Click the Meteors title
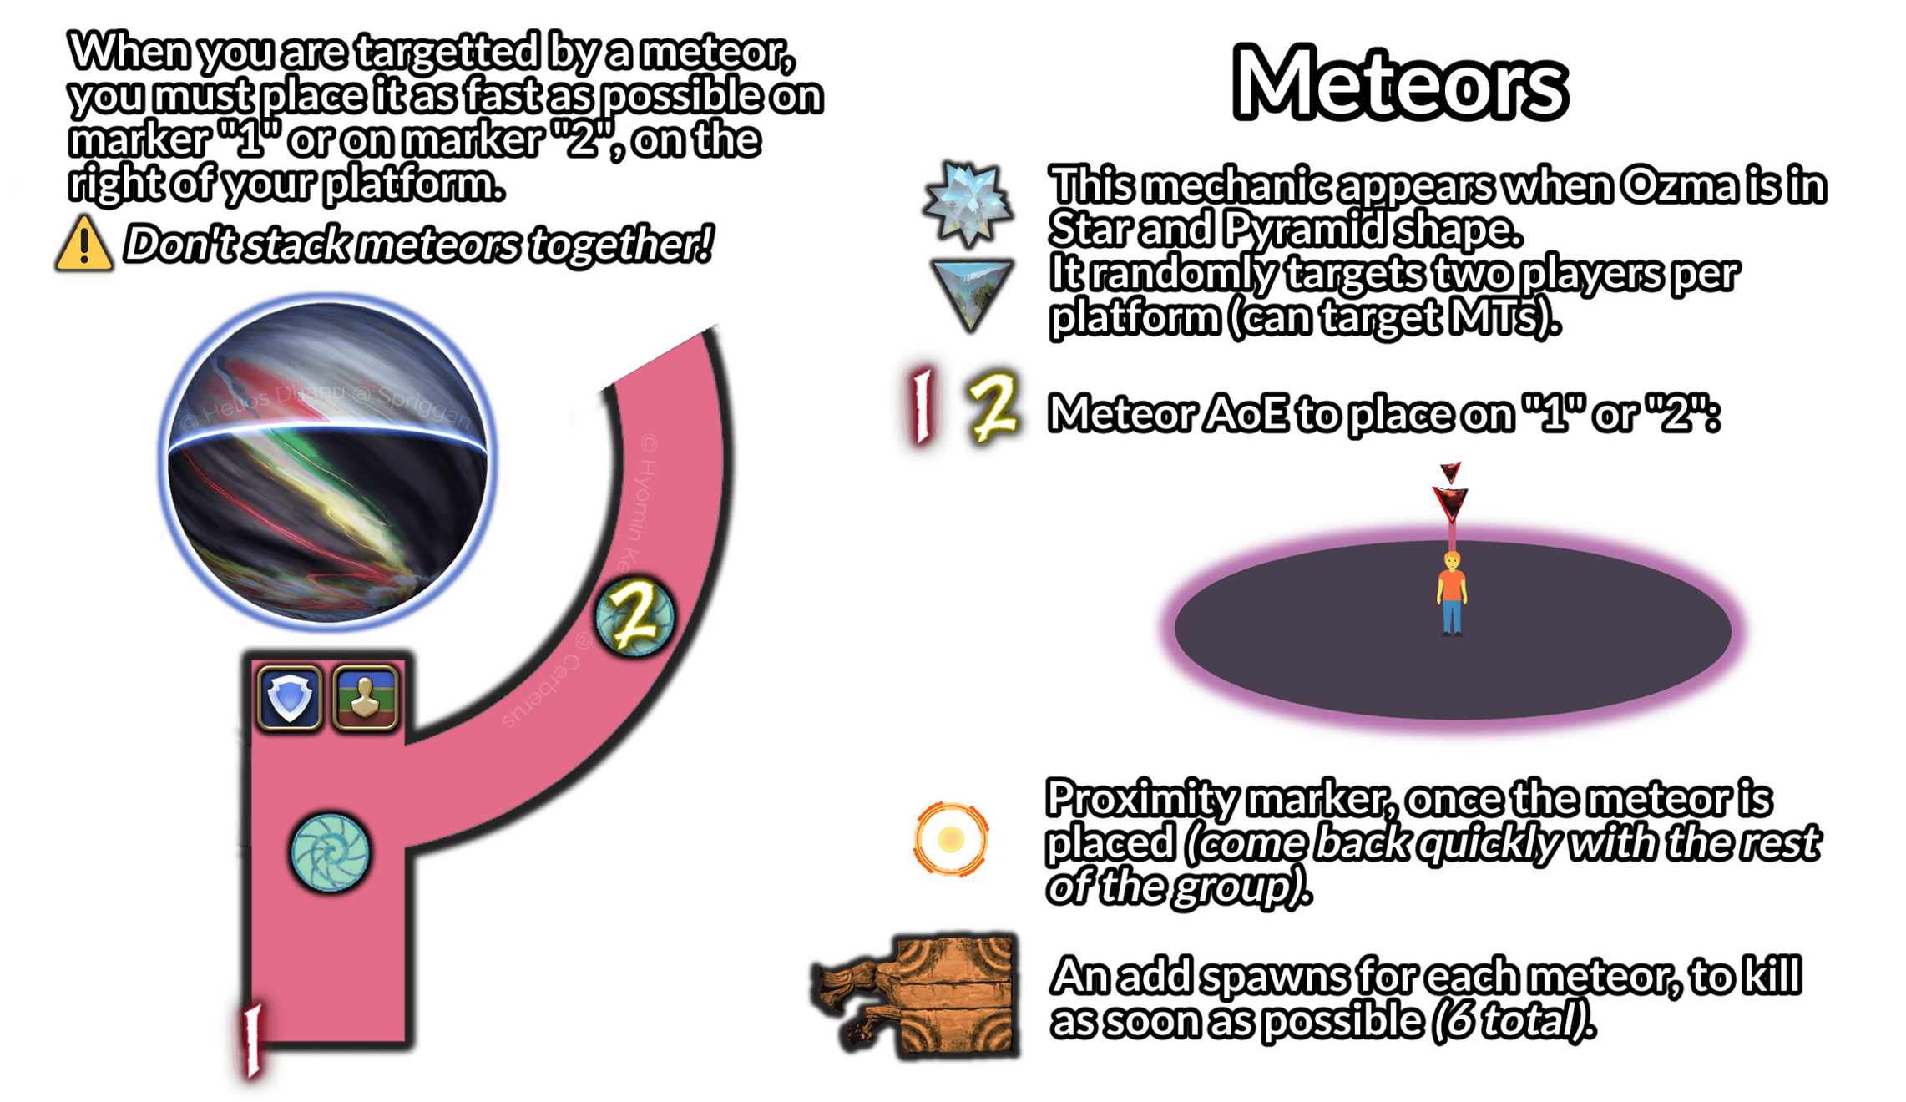tap(1399, 84)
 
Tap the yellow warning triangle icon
tap(83, 245)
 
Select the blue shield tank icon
tap(289, 697)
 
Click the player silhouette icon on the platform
tap(365, 697)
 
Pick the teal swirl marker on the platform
tap(330, 852)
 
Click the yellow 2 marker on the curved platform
tap(634, 618)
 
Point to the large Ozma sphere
tap(327, 463)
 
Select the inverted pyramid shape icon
tap(970, 292)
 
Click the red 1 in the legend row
tap(922, 407)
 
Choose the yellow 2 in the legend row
tap(993, 407)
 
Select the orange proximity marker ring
tap(951, 839)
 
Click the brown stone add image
tap(918, 993)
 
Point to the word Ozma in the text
tap(1678, 185)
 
